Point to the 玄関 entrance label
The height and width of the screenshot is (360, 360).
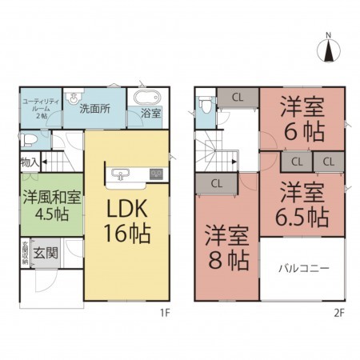pos(45,254)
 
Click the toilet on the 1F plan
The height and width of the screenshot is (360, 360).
pos(29,139)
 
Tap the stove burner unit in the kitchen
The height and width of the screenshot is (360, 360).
pos(156,174)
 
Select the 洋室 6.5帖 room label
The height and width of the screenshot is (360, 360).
pos(301,203)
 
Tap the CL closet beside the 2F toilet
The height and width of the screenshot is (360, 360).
pos(238,97)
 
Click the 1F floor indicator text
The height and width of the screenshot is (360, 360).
pos(164,314)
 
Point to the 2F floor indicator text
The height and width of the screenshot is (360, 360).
pos(339,314)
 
